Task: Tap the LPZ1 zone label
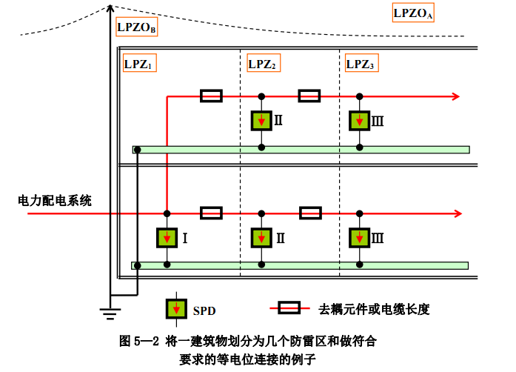click(x=139, y=64)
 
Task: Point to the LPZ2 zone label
click(x=263, y=64)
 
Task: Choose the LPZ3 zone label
click(x=362, y=64)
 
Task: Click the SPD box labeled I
click(x=168, y=238)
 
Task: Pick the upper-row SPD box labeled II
click(x=261, y=119)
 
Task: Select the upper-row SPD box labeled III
click(x=360, y=119)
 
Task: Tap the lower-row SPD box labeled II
click(x=261, y=238)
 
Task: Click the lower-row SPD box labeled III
click(x=360, y=238)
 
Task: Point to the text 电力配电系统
click(x=56, y=200)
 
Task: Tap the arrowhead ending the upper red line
click(x=456, y=96)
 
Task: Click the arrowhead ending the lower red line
click(x=456, y=214)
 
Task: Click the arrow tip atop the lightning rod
click(x=110, y=7)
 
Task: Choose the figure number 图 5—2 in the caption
click(x=139, y=342)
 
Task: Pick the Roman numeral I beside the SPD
click(x=185, y=239)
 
